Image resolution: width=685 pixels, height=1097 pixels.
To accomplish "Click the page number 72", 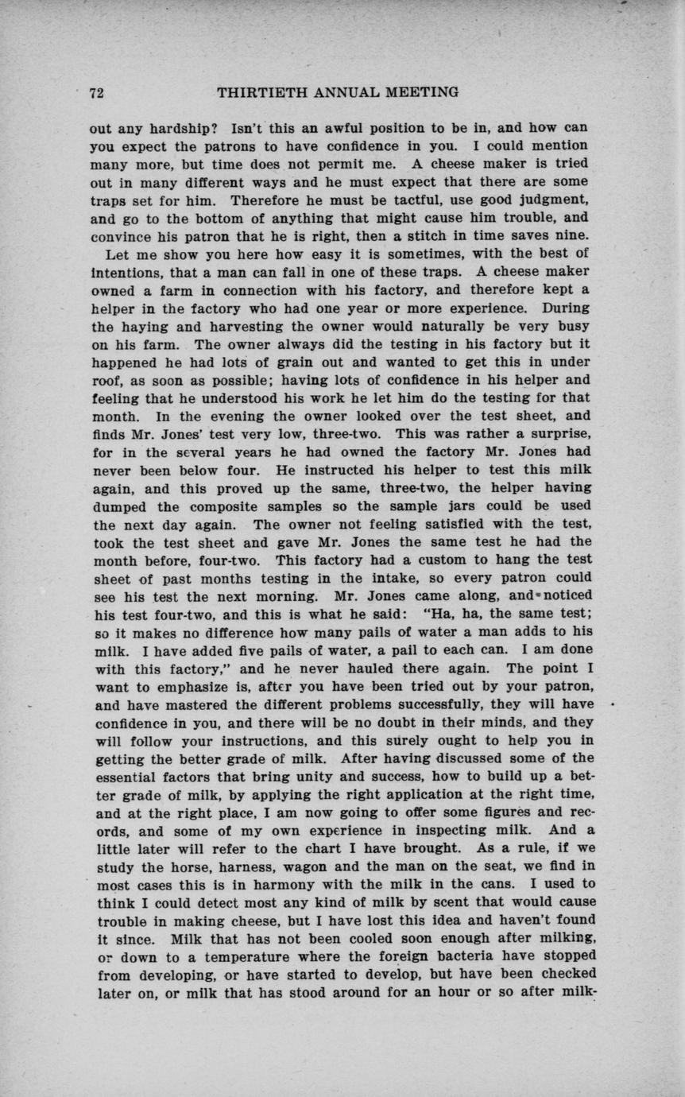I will [97, 93].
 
